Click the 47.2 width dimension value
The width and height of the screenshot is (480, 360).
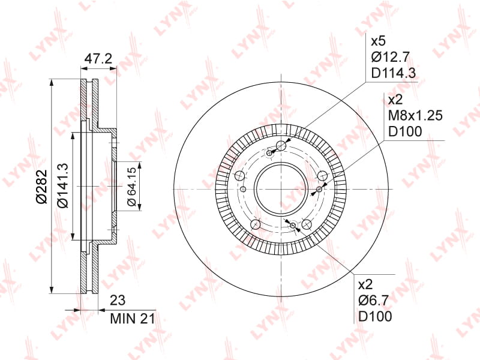click(x=98, y=58)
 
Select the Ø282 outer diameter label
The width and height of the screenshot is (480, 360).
click(x=41, y=187)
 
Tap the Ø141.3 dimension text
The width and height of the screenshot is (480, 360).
click(x=63, y=185)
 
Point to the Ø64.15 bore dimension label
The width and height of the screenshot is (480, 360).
click(x=131, y=187)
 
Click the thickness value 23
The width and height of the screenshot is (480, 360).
click(x=118, y=301)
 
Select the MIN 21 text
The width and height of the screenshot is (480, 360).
click(x=133, y=319)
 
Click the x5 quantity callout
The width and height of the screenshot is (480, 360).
click(x=378, y=41)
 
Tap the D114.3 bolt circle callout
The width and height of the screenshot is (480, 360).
click(x=394, y=73)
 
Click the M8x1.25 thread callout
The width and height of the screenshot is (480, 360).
click(x=415, y=115)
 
